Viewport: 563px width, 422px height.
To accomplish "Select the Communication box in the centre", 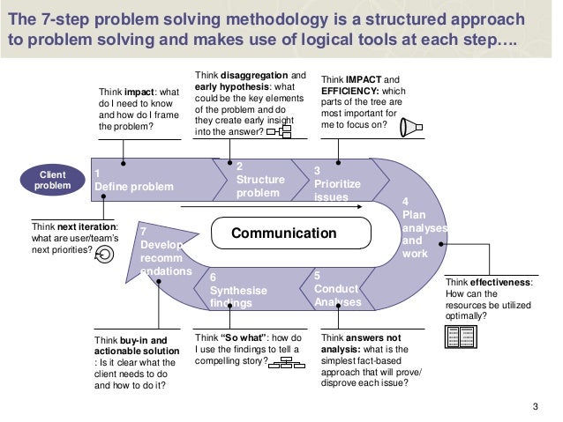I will tap(283, 233).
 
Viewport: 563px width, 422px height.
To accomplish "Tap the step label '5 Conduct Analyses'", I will tap(338, 289).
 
